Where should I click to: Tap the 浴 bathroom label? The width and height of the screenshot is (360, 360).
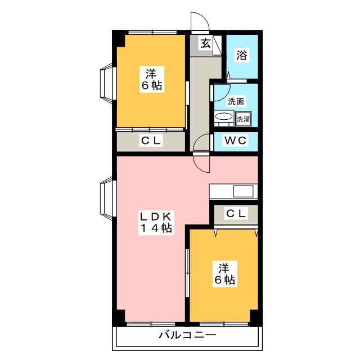click(242, 56)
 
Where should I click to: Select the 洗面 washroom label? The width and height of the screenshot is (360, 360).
click(236, 102)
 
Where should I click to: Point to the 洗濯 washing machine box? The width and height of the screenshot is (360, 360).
click(243, 119)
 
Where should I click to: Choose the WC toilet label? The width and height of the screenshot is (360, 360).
click(236, 141)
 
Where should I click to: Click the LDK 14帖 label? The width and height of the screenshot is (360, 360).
click(155, 222)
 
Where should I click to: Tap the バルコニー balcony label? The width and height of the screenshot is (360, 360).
click(186, 336)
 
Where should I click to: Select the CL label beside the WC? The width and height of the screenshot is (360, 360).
click(151, 141)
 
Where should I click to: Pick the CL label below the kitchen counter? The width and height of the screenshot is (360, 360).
click(236, 213)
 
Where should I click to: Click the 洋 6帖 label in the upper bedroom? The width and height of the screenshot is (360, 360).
click(151, 79)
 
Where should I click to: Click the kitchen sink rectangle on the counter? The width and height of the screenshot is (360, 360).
click(244, 191)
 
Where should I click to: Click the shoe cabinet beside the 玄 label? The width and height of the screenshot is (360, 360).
click(217, 44)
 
